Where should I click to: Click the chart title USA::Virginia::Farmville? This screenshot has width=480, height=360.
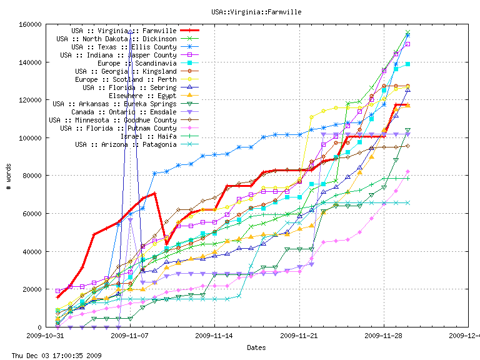(x=239, y=11)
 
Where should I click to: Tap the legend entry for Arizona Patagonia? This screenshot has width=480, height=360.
(x=126, y=144)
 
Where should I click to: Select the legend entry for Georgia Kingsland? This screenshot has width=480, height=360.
(x=126, y=71)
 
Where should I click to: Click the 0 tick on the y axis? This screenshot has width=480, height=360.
(x=39, y=327)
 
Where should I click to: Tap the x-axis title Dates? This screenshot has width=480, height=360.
(x=256, y=347)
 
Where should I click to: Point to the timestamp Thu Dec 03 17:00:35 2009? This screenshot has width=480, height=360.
(x=52, y=355)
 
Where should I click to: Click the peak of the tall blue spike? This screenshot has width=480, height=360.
(x=130, y=29)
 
